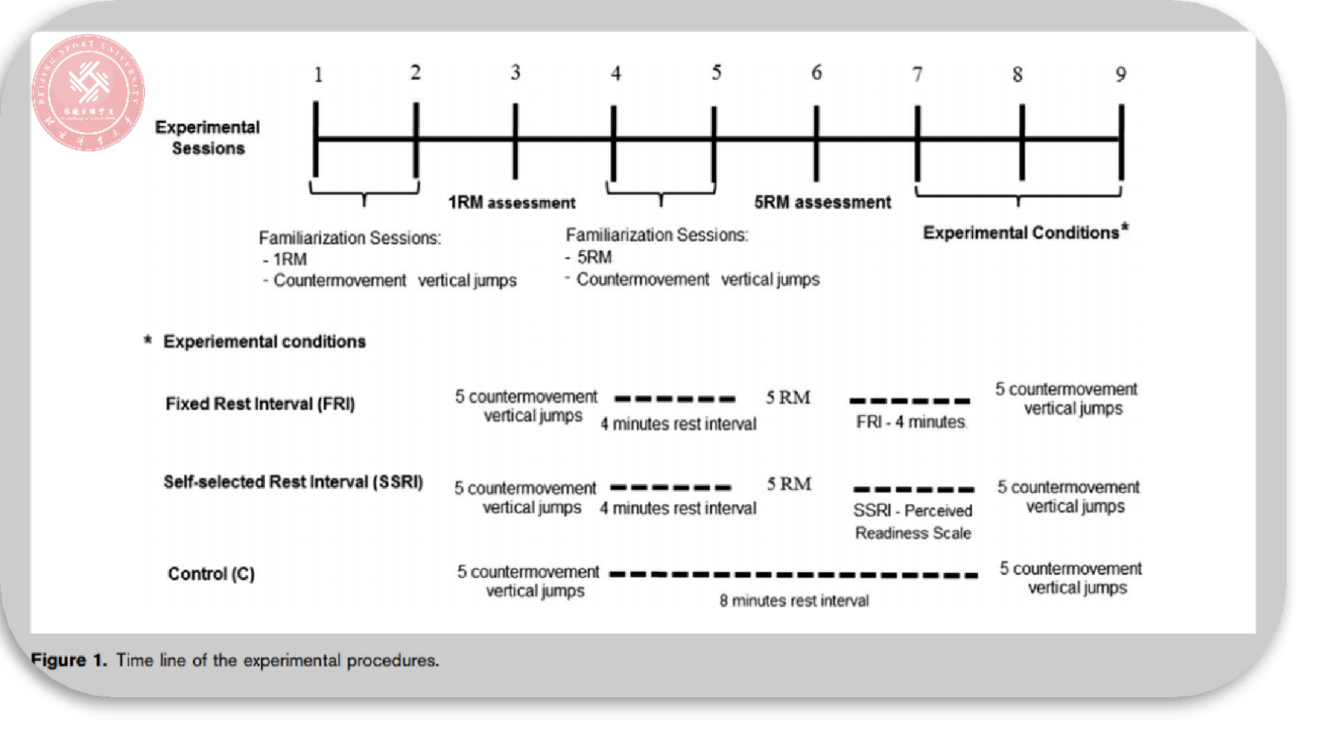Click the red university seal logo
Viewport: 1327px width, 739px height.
[88, 92]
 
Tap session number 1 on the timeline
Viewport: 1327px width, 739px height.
[318, 74]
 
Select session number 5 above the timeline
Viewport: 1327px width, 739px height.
[716, 73]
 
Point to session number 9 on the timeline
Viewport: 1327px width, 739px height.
[1120, 74]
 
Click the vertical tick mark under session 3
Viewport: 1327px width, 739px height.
[515, 141]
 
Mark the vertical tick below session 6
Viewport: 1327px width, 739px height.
[816, 142]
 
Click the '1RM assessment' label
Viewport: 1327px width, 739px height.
[512, 203]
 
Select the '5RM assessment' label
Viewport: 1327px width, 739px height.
[822, 202]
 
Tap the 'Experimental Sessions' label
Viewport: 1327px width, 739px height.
[208, 137]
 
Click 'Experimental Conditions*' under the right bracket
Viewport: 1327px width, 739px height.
[1025, 232]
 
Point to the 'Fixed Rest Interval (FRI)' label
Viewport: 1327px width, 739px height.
[260, 404]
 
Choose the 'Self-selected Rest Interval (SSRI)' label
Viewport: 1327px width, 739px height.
[293, 482]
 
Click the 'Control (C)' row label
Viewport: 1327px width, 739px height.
[211, 574]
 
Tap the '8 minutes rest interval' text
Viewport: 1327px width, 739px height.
[794, 601]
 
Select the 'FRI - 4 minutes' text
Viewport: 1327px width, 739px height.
[911, 422]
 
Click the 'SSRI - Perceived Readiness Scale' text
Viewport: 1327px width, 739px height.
[913, 521]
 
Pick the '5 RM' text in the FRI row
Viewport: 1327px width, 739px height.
[788, 398]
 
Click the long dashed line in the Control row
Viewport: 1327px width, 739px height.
[794, 575]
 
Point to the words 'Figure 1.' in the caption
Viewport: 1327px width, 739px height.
[69, 660]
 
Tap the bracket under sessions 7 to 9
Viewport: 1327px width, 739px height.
[1018, 193]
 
